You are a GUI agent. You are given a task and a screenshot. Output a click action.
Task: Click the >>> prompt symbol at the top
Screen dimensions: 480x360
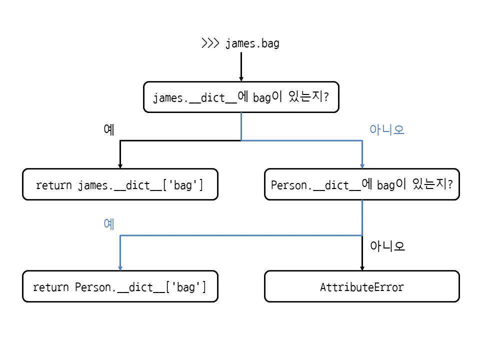point(210,43)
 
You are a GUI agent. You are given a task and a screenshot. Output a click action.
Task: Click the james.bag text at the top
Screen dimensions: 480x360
point(252,43)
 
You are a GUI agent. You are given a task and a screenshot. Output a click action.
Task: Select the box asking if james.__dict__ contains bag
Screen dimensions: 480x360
point(241,97)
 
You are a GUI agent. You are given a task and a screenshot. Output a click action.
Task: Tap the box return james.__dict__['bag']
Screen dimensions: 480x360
point(120,184)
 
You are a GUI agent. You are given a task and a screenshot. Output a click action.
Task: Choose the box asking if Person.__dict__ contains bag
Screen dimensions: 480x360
point(362,184)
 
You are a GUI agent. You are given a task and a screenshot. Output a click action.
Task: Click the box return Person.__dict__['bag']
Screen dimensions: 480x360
point(120,286)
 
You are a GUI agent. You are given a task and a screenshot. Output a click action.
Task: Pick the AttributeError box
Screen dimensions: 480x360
point(362,286)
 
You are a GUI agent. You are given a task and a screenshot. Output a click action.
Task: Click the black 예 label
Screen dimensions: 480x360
point(109,129)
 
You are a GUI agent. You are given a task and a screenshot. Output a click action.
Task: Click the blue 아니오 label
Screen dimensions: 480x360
point(387,129)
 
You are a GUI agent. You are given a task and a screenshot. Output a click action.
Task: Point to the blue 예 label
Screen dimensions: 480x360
point(109,224)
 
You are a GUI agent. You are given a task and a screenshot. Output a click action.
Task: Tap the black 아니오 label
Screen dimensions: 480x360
point(387,246)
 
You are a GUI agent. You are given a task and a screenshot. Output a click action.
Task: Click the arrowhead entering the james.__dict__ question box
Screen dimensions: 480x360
point(241,79)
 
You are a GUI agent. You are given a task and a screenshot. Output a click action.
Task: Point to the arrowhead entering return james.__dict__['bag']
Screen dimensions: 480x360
point(120,166)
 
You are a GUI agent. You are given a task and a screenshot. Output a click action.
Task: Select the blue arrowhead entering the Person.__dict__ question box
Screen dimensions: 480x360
point(362,166)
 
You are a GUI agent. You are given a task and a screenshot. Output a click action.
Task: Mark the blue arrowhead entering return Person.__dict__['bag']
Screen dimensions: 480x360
point(120,268)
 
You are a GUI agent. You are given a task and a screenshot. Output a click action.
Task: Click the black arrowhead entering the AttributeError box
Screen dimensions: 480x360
point(362,268)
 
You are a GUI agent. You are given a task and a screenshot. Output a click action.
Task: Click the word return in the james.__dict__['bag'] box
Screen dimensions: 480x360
point(54,185)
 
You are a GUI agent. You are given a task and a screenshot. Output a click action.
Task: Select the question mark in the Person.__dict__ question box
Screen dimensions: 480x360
point(450,184)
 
